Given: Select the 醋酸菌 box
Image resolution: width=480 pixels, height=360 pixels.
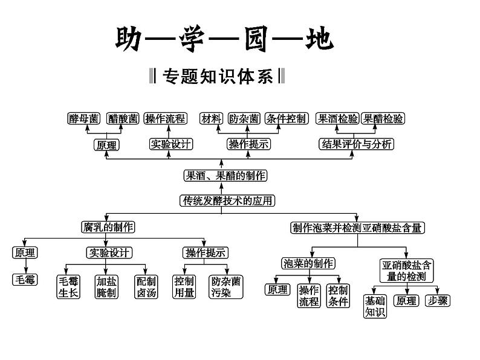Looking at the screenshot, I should pyautogui.click(x=123, y=119).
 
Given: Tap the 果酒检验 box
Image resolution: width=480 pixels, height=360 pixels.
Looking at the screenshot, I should pyautogui.click(x=338, y=119).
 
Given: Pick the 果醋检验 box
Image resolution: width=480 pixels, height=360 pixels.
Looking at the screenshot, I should pyautogui.click(x=383, y=119).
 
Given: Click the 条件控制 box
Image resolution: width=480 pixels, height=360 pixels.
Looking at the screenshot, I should pyautogui.click(x=287, y=119).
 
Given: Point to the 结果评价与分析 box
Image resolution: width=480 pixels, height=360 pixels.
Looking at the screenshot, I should pyautogui.click(x=357, y=144).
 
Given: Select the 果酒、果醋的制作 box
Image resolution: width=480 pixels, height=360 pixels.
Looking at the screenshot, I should pyautogui.click(x=225, y=176).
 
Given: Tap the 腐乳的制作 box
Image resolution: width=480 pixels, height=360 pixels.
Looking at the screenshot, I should pyautogui.click(x=108, y=227).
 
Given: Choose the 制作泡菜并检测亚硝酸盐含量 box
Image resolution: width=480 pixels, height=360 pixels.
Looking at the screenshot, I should pyautogui.click(x=358, y=228).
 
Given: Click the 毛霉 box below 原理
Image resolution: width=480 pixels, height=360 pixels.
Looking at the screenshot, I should pyautogui.click(x=25, y=280).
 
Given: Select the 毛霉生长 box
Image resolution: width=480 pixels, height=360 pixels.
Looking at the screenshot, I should pyautogui.click(x=68, y=287).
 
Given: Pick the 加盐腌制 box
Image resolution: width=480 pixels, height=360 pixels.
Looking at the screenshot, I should pyautogui.click(x=106, y=287).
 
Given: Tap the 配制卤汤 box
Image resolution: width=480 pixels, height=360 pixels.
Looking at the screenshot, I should pyautogui.click(x=145, y=287).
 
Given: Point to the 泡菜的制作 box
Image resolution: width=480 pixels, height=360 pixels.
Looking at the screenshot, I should pyautogui.click(x=308, y=263).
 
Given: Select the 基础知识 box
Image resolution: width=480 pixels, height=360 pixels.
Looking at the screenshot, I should pyautogui.click(x=374, y=306).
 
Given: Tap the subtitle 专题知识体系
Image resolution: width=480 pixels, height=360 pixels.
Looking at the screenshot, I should pyautogui.click(x=216, y=78).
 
